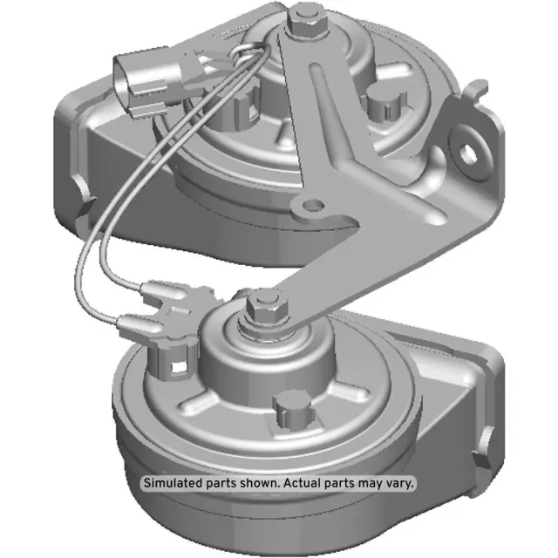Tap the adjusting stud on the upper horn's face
pos(382,102)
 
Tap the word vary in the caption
pos(400,483)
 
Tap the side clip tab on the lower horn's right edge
pos(479,453)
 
